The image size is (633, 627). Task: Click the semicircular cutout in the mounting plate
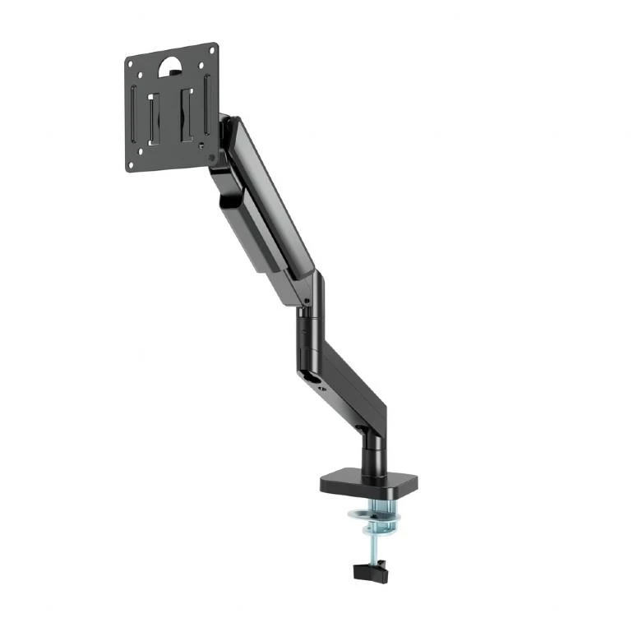(x=169, y=65)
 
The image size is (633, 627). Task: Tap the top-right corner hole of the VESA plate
(x=211, y=51)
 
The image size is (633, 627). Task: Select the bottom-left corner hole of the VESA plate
(x=132, y=164)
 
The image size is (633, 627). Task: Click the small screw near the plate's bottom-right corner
(x=211, y=156)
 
